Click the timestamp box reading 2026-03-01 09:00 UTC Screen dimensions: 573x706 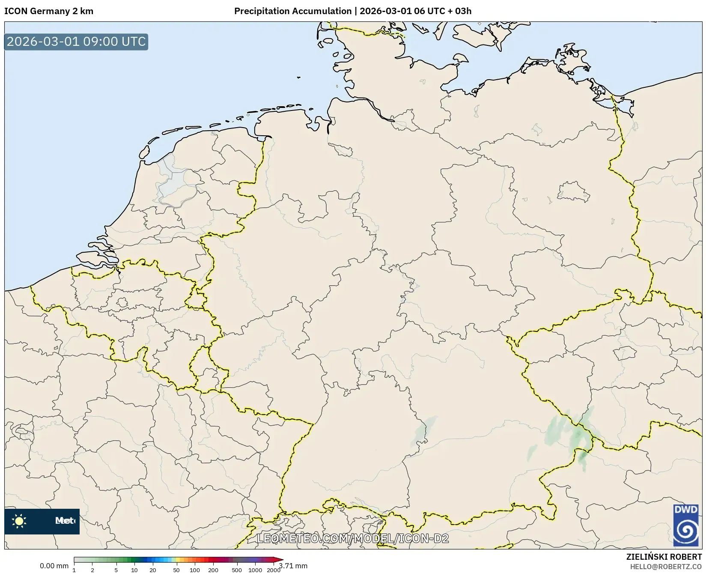point(76,42)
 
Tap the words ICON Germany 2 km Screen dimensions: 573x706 point(49,11)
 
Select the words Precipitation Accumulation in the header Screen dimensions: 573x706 point(293,11)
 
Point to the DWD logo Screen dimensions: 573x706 point(686,525)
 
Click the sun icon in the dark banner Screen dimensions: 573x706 point(19,521)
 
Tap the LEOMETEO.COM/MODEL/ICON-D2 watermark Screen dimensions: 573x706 point(353,538)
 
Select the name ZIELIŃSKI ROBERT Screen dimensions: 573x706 point(664,557)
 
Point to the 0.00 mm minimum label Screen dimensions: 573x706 point(54,566)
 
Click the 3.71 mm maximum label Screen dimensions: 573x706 point(294,566)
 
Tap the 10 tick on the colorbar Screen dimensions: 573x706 point(134,570)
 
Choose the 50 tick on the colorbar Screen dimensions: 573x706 point(176,570)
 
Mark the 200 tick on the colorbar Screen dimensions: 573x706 point(213,570)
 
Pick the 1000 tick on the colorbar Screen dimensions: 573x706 point(255,570)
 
